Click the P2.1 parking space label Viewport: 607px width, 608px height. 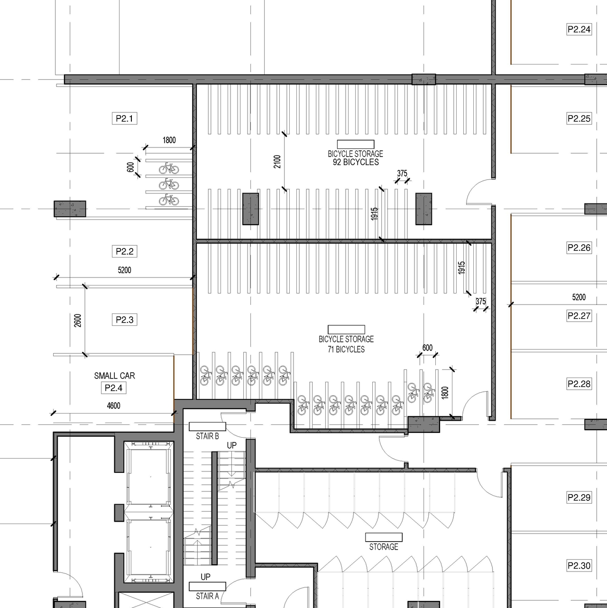125,118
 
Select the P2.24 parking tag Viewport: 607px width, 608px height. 579,29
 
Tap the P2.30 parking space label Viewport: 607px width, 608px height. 579,565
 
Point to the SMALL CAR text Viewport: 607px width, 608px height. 114,376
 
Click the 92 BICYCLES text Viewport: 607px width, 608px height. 356,162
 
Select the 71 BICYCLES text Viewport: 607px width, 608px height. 346,350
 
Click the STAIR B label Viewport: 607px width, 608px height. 207,436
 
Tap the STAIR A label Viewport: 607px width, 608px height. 207,596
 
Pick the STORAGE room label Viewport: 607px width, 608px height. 384,547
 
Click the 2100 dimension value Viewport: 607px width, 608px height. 277,161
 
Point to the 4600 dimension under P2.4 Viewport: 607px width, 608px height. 113,405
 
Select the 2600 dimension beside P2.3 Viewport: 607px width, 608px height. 78,320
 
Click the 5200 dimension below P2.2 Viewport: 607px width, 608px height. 124,270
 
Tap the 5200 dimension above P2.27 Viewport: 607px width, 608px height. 579,297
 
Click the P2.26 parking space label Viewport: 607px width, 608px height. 579,248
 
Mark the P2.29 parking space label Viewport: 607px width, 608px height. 579,497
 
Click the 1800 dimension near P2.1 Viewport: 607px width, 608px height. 169,140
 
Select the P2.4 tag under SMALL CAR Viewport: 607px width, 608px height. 114,388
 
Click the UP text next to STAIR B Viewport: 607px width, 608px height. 231,445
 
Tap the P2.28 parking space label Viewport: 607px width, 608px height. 579,384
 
